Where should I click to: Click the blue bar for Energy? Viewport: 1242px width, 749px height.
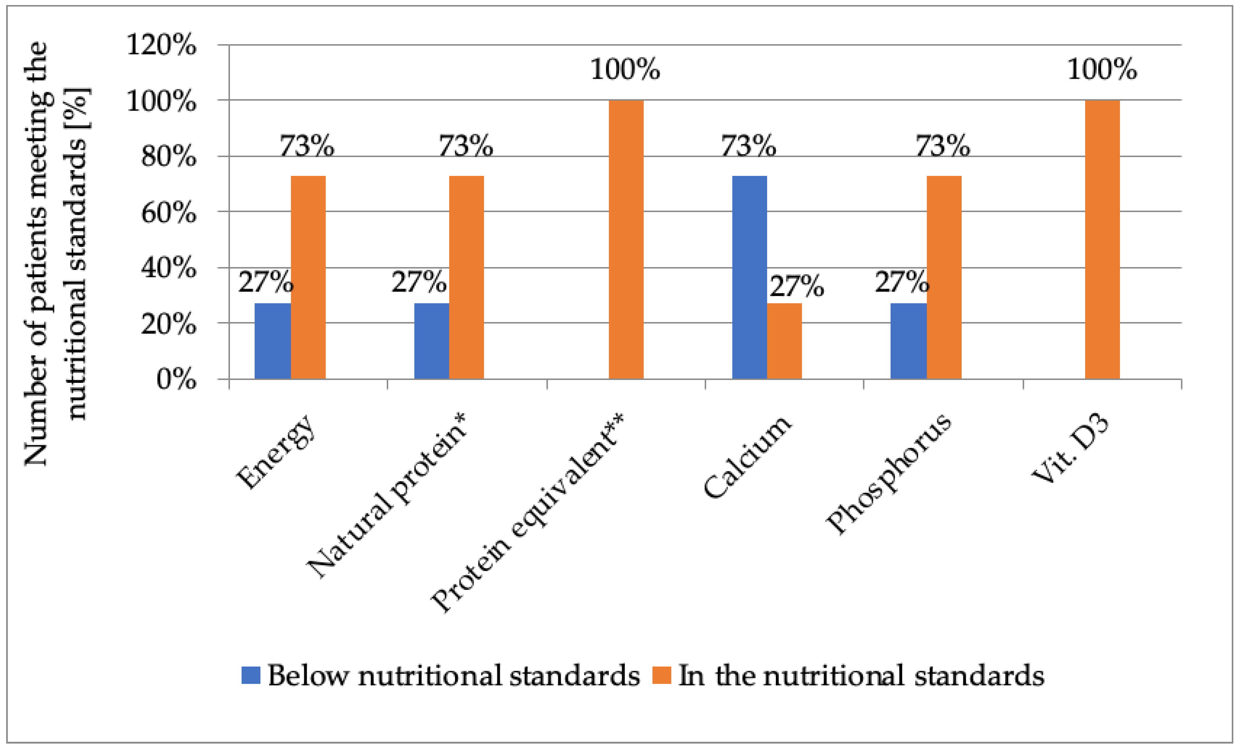pyautogui.click(x=273, y=340)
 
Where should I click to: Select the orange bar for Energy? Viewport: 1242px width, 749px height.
pyautogui.click(x=308, y=277)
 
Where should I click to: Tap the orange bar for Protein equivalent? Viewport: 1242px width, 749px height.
pyautogui.click(x=626, y=239)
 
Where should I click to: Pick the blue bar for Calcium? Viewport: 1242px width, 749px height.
pyautogui.click(x=749, y=277)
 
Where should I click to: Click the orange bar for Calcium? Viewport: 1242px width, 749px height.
pyautogui.click(x=784, y=340)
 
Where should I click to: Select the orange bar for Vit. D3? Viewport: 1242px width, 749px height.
pyautogui.click(x=1103, y=239)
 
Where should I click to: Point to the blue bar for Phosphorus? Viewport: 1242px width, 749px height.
pyautogui.click(x=908, y=340)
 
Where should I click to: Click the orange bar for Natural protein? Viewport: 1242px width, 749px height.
pyautogui.click(x=466, y=277)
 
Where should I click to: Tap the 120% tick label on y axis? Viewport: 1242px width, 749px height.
pyautogui.click(x=161, y=45)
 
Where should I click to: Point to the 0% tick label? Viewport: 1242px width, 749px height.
pyautogui.click(x=176, y=379)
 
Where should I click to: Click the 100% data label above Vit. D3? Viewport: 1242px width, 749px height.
pyautogui.click(x=1103, y=69)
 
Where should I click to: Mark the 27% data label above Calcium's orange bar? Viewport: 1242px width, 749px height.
pyautogui.click(x=796, y=287)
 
